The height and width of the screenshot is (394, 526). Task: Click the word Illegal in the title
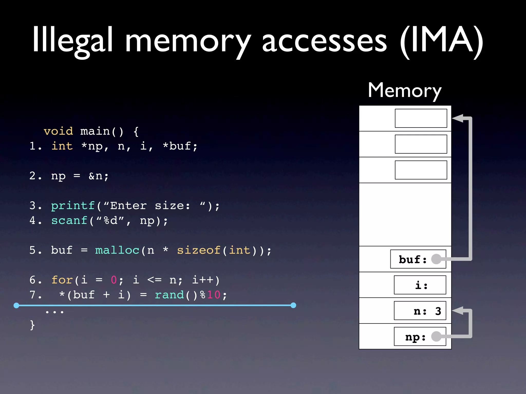pos(72,40)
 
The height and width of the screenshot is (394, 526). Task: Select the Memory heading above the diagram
pos(405,90)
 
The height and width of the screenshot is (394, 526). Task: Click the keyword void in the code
pos(58,131)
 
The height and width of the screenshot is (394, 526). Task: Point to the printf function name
pos(73,205)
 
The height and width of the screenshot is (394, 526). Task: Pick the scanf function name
pos(69,220)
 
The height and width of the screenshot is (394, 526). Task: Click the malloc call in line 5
pos(117,250)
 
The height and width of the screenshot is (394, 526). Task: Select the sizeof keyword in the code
pos(199,250)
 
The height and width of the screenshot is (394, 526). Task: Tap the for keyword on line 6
pos(62,280)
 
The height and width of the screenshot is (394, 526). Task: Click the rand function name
pos(169,295)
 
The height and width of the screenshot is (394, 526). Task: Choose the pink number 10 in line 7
pos(214,295)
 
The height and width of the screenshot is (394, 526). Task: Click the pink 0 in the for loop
pos(114,280)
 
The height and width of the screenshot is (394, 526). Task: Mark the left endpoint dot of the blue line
pos(16,305)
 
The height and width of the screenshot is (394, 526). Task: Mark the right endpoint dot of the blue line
pos(293,305)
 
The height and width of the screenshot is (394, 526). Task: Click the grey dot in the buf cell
pos(436,259)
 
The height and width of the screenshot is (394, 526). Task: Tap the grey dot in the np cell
pos(436,336)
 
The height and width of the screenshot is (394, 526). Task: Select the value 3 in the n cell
pos(438,311)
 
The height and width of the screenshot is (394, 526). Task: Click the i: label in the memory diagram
pos(421,285)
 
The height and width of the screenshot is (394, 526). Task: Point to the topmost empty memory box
pos(421,118)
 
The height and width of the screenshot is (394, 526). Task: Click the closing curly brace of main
pos(32,325)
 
